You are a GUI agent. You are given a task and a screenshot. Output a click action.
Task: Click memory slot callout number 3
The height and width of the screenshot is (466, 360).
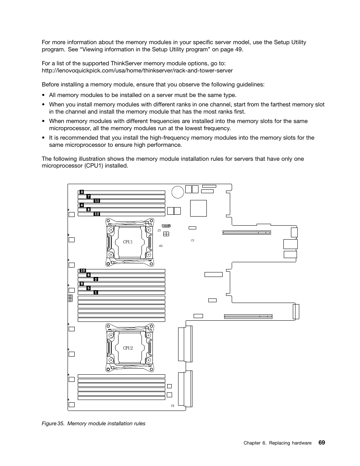pyautogui.click(x=82, y=192)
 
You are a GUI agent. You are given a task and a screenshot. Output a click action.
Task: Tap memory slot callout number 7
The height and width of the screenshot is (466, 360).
pyautogui.click(x=88, y=197)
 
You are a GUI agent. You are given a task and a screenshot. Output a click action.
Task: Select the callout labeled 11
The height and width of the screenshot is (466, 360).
pyautogui.click(x=97, y=201)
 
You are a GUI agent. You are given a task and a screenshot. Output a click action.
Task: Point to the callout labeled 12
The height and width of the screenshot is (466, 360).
pyautogui.click(x=97, y=214)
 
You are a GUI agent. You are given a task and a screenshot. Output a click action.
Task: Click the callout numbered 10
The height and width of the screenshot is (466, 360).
pyautogui.click(x=83, y=271)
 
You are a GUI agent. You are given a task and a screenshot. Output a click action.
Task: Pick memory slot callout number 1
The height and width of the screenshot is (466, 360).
pyautogui.click(x=96, y=292)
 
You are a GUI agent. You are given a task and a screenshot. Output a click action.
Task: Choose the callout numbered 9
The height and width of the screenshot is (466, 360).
pyautogui.click(x=82, y=284)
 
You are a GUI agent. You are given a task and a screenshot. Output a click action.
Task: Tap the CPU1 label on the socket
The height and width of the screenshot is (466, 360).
pyautogui.click(x=128, y=242)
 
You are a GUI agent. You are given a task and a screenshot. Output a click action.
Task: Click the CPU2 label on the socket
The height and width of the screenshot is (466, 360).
pyautogui.click(x=128, y=348)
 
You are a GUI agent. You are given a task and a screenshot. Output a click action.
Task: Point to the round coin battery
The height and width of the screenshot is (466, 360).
pyautogui.click(x=177, y=192)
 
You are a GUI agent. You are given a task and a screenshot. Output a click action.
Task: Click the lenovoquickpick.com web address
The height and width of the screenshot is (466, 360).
pyautogui.click(x=137, y=71)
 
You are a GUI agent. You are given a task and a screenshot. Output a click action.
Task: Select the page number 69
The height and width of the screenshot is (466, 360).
pyautogui.click(x=322, y=442)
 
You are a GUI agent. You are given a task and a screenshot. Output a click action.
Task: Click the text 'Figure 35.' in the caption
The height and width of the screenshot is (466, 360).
pyautogui.click(x=52, y=423)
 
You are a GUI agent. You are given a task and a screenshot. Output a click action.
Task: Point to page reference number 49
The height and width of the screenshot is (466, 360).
pyautogui.click(x=238, y=49)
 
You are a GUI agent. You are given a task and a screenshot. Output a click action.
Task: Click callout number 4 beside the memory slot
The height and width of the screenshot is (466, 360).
pyautogui.click(x=82, y=205)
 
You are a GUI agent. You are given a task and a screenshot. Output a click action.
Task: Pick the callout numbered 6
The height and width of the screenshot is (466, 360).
pyautogui.click(x=88, y=275)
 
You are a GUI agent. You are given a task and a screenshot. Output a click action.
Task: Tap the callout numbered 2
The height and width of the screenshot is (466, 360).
pyautogui.click(x=96, y=279)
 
